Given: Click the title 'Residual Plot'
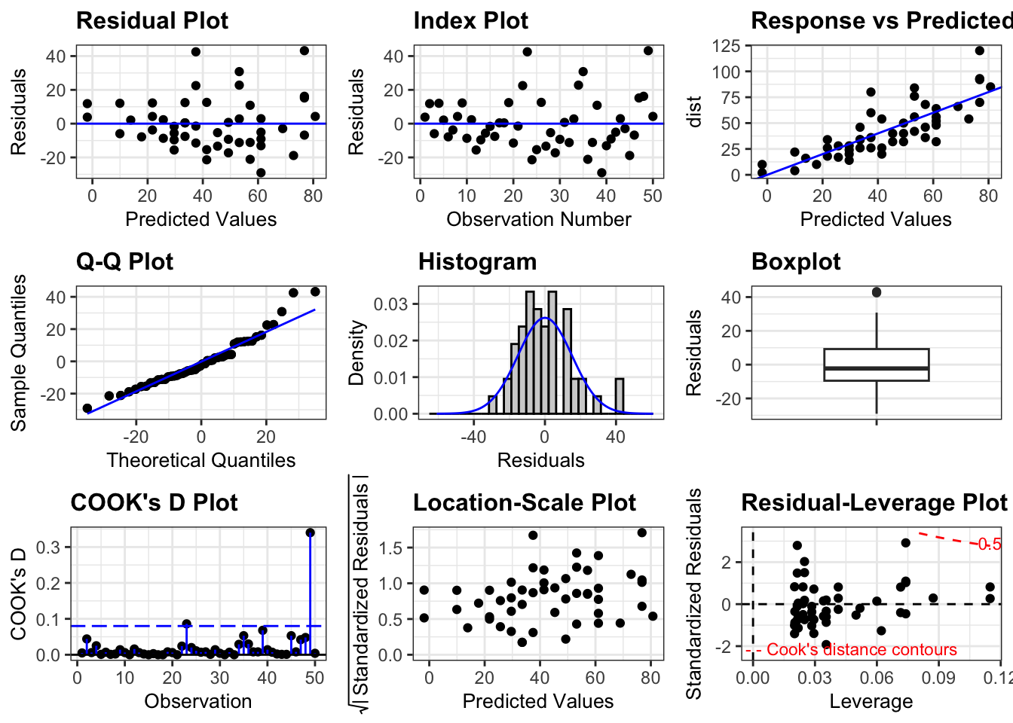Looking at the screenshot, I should (x=151, y=21).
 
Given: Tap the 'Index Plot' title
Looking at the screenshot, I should (x=470, y=21).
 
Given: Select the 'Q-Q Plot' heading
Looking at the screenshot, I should (x=124, y=262).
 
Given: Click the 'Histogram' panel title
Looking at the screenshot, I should (x=477, y=262).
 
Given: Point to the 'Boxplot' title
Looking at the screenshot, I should (x=796, y=262).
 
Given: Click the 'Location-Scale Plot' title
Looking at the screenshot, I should (x=525, y=503).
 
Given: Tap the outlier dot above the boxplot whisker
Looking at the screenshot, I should (x=877, y=292).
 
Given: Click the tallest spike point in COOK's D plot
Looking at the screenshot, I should (x=310, y=532).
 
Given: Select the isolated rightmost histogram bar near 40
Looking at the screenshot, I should (x=620, y=395).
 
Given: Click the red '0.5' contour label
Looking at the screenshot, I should (x=989, y=545).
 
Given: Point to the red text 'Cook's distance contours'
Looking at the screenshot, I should (x=862, y=650).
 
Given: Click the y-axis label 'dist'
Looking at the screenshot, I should (x=694, y=111).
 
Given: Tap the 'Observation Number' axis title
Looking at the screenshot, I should (x=538, y=219).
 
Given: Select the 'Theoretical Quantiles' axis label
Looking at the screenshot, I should (x=200, y=460).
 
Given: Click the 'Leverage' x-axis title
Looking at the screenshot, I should (x=871, y=701).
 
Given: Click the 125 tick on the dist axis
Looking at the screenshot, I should (x=726, y=46).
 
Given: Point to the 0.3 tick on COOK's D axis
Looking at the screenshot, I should (x=49, y=547).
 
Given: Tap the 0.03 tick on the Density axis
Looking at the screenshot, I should (x=390, y=304).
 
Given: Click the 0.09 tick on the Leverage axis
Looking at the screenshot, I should (x=939, y=678).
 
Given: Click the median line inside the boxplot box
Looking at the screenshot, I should (x=877, y=368).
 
